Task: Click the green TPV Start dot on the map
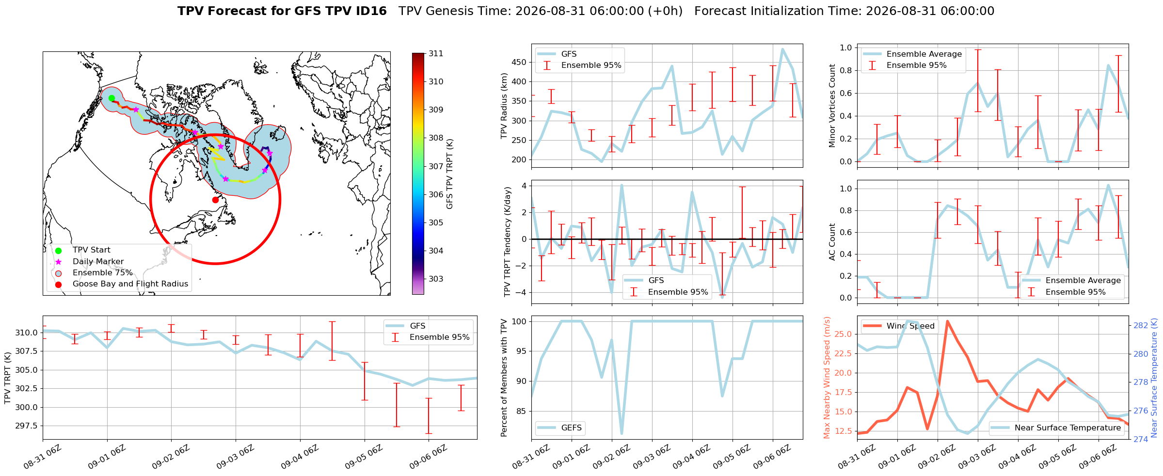tap(112, 98)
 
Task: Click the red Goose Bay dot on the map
tap(215, 200)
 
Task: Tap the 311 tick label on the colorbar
tap(436, 53)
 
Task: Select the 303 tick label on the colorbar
tap(436, 279)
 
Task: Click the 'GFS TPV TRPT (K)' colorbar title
tap(449, 174)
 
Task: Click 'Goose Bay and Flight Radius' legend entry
tap(130, 284)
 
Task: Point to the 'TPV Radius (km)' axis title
tap(504, 106)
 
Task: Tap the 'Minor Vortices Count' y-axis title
tap(832, 106)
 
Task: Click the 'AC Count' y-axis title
tap(832, 242)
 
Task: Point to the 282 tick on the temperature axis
tap(1141, 325)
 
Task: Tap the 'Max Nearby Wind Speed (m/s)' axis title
tap(827, 378)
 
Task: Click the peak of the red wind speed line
tap(947, 321)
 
